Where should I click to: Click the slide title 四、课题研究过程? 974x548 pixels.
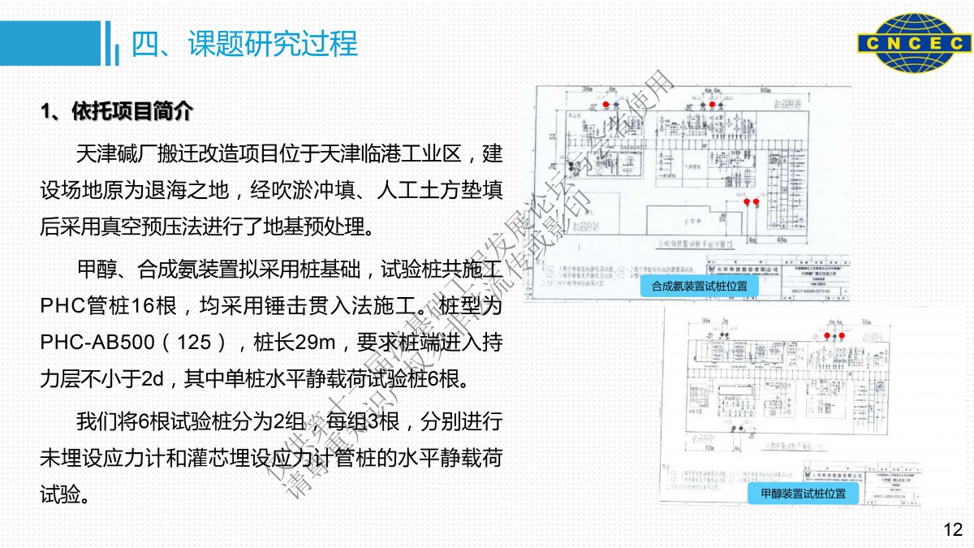coord(244,44)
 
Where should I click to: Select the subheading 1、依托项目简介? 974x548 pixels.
coord(117,110)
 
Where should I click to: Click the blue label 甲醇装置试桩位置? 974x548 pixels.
coord(803,494)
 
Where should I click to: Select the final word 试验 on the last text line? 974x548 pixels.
coord(58,493)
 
